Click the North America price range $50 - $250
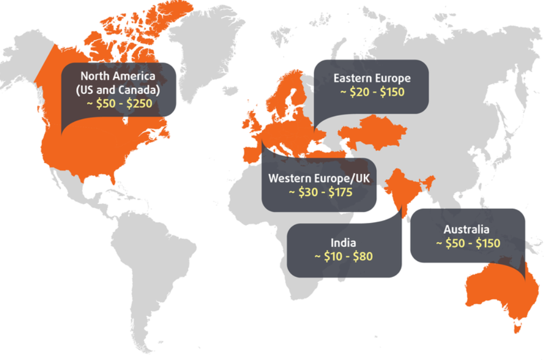[119, 103]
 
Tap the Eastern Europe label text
[372, 78]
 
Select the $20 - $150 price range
[372, 92]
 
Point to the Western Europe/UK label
[319, 179]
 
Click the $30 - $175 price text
[319, 192]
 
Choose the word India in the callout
[343, 242]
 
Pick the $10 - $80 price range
[343, 256]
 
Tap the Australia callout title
[466, 229]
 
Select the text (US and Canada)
[119, 89]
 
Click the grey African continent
[257, 219]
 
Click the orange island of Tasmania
[516, 327]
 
